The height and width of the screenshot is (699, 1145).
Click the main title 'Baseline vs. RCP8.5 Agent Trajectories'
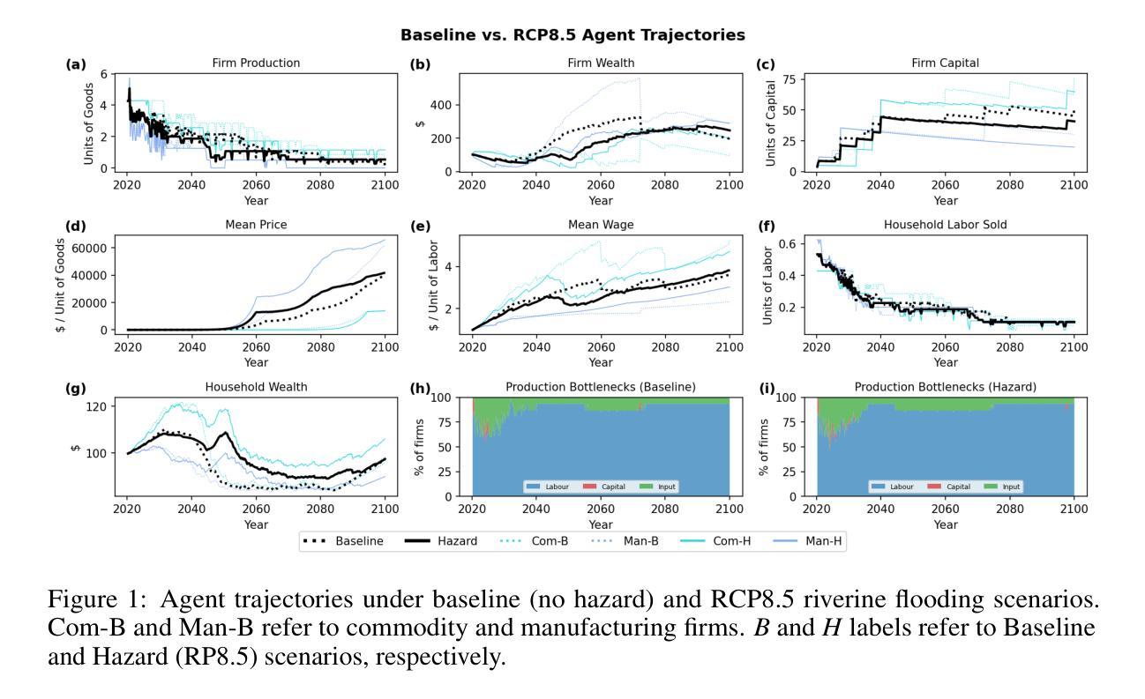(x=572, y=35)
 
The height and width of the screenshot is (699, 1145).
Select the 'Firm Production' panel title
(x=256, y=63)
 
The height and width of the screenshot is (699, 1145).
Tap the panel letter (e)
(x=420, y=226)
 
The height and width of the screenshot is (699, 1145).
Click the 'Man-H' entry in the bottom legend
(x=824, y=541)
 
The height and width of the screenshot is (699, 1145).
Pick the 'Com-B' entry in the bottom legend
(x=550, y=541)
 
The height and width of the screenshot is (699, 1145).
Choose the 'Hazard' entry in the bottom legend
(x=457, y=541)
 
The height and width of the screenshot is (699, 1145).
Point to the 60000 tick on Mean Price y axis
(x=90, y=248)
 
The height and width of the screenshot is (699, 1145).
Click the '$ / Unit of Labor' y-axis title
(x=432, y=284)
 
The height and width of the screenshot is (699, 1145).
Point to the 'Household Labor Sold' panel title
(x=945, y=225)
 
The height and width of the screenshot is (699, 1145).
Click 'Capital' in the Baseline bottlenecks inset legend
(x=614, y=487)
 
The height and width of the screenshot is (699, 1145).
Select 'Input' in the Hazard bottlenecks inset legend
(x=1011, y=487)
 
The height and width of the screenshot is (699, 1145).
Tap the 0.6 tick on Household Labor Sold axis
(x=789, y=243)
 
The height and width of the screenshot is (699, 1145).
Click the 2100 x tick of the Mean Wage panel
(x=730, y=346)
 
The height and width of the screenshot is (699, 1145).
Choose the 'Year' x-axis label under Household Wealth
(x=256, y=524)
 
